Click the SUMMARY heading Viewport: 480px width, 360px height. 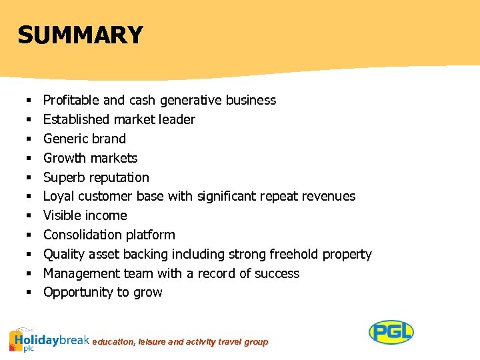click(x=80, y=35)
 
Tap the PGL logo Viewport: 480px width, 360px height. click(x=391, y=332)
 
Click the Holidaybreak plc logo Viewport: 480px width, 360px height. click(x=49, y=339)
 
